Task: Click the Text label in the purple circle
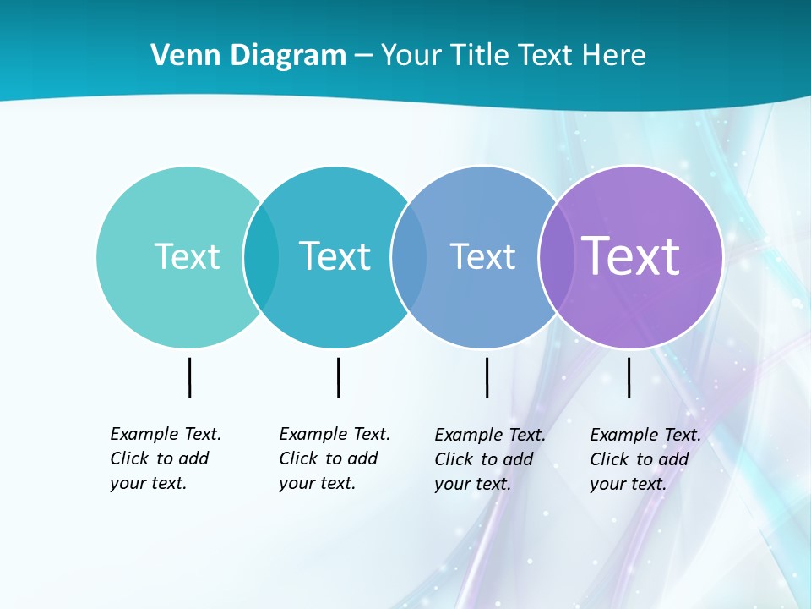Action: pos(631,255)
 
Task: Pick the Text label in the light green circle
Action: pos(187,256)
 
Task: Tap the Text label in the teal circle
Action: pos(335,256)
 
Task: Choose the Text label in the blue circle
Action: pos(482,256)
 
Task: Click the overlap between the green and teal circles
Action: pos(261,256)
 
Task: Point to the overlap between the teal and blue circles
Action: pos(409,256)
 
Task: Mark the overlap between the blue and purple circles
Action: pos(556,256)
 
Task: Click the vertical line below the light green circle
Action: pos(189,377)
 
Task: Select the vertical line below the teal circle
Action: pos(338,377)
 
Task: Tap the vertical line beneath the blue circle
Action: pos(487,377)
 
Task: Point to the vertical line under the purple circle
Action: pos(629,377)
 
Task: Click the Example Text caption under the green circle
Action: pos(166,458)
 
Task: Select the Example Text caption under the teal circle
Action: pos(335,458)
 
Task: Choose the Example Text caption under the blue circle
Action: pos(490,459)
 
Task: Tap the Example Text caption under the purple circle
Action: pos(645,459)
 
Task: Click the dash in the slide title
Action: pos(363,56)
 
